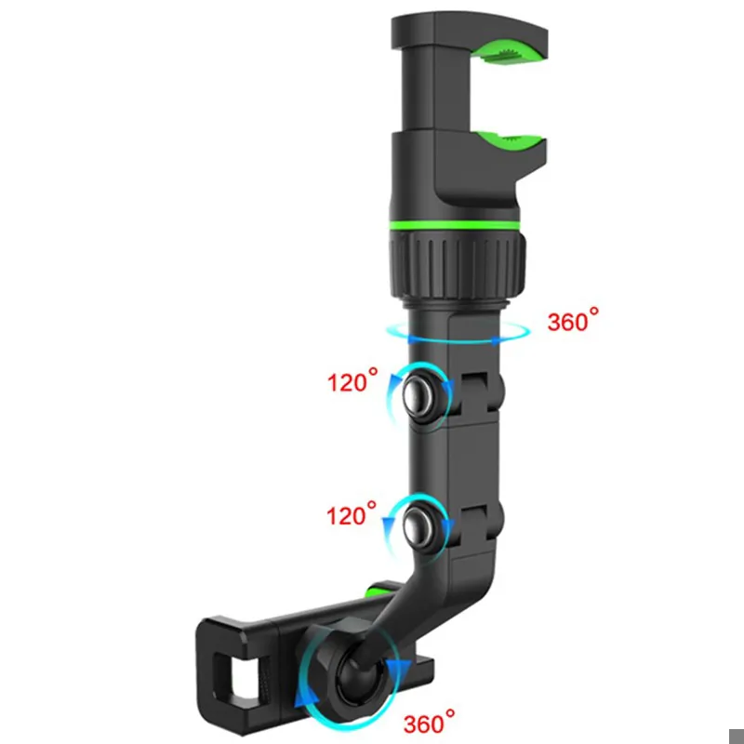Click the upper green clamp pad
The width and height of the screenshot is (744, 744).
510,51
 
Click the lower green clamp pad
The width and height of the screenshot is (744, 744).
510,141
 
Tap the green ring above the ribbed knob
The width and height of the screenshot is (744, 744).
455,225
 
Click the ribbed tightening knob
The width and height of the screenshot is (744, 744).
458,265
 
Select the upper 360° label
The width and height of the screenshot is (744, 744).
573,320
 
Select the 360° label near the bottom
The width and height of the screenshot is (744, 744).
429,722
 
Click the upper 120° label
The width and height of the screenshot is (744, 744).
352,380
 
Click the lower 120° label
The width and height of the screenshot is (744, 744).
352,514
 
